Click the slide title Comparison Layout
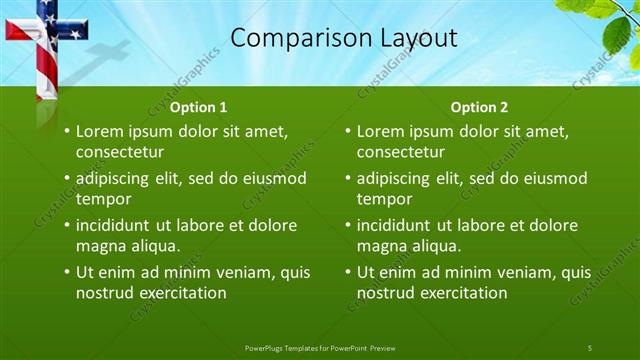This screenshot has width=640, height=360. [x=343, y=39]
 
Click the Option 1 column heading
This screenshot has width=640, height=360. [x=199, y=107]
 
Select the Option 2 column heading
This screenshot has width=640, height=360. [x=479, y=107]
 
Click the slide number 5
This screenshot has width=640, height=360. [x=590, y=347]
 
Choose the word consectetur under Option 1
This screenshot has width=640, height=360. [x=120, y=152]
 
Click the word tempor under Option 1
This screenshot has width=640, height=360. [x=99, y=199]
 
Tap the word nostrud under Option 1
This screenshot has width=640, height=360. [x=105, y=293]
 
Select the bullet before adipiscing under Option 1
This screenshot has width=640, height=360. [x=67, y=178]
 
